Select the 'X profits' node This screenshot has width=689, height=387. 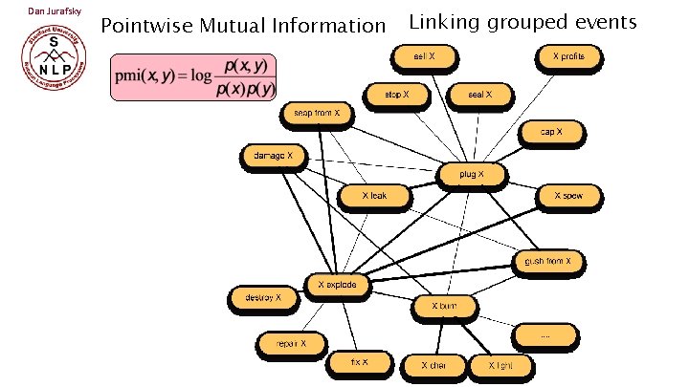[x=568, y=58]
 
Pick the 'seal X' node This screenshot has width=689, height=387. [x=479, y=95]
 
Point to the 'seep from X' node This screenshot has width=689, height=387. [x=317, y=115]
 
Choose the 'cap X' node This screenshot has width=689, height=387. [x=552, y=131]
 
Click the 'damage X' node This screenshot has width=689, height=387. [x=274, y=155]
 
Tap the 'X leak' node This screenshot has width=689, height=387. [x=375, y=196]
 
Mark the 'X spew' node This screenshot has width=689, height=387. [x=568, y=197]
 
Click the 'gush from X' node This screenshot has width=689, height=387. [x=548, y=261]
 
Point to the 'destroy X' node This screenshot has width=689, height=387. [x=263, y=299]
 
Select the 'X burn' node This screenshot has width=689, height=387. [x=444, y=307]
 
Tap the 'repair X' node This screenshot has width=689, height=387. [x=290, y=342]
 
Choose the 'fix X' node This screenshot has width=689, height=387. [x=360, y=363]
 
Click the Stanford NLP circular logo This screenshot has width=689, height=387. [x=53, y=63]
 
